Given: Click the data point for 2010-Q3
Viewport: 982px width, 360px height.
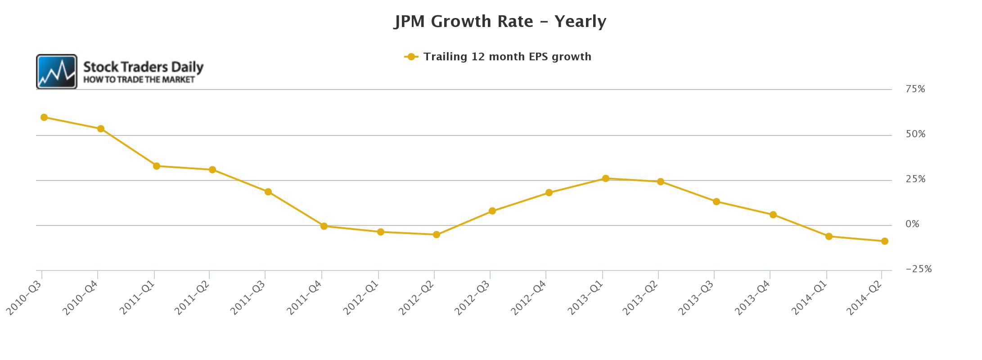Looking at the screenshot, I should [44, 117].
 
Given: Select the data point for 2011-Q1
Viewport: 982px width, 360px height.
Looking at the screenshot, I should [157, 166].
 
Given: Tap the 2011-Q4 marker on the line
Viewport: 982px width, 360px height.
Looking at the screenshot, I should [324, 226].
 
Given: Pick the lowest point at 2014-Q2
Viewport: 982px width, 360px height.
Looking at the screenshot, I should [884, 241].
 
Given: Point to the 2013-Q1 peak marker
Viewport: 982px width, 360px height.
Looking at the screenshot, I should [605, 179].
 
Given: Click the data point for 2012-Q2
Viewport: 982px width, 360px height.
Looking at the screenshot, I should [436, 234].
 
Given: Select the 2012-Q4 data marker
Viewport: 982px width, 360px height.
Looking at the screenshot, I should [549, 193].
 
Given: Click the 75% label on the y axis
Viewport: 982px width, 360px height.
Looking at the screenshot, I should [915, 89].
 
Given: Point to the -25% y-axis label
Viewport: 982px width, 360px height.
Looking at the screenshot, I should [918, 269].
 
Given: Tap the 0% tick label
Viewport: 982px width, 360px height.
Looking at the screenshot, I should [912, 224].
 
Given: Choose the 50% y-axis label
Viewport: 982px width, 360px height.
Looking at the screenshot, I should [915, 134].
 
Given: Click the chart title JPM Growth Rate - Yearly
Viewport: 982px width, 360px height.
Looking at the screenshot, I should [500, 21].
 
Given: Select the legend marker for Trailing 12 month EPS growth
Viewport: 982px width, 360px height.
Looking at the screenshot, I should [411, 57].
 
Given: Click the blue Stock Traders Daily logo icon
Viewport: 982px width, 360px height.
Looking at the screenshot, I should [57, 72].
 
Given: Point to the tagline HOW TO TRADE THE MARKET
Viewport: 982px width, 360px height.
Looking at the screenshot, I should [139, 80].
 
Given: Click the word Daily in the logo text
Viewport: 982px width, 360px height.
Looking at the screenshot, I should [187, 67].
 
